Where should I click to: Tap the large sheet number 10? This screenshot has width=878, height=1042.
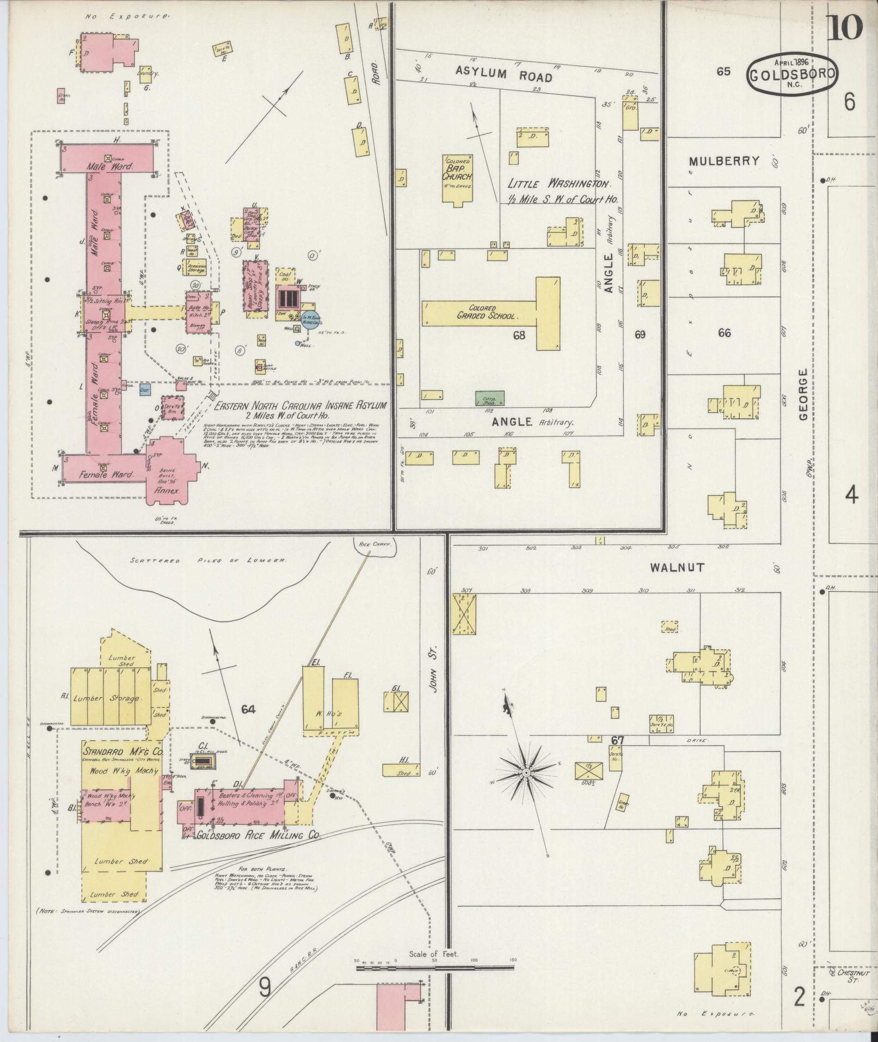click(844, 27)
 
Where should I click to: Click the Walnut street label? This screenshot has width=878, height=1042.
click(677, 568)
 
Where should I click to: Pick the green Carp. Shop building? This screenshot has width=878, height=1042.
click(489, 398)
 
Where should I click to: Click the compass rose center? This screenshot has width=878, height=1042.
click(527, 773)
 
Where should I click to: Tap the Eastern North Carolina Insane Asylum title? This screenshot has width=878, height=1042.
click(300, 406)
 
